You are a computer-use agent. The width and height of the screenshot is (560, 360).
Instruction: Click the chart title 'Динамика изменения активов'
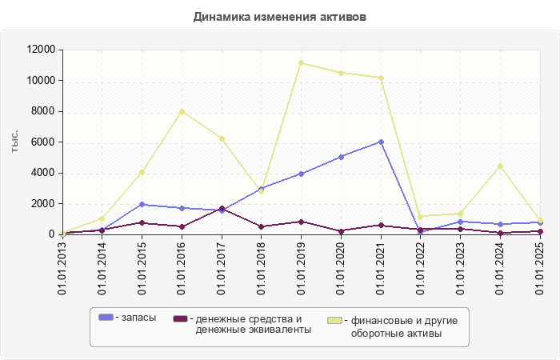coord(280,16)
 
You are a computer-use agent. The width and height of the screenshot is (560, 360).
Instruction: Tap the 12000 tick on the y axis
coord(40,50)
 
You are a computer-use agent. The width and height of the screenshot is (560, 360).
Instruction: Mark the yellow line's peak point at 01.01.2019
coord(301,62)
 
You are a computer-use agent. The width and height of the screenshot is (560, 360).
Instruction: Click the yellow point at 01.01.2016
coord(182,111)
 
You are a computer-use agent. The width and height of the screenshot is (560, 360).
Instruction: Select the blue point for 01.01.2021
coord(381,142)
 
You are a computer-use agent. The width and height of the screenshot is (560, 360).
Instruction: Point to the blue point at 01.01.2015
coord(142,204)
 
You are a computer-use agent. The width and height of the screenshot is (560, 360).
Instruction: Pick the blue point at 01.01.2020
coord(341,157)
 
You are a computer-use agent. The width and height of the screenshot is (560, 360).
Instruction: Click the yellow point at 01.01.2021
coord(381,78)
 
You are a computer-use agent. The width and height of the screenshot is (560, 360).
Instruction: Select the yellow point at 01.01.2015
coord(142,172)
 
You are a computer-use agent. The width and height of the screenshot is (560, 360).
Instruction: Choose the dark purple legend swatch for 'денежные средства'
coord(180,318)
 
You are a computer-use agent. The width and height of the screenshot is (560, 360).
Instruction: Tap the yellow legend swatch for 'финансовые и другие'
coord(335,320)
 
